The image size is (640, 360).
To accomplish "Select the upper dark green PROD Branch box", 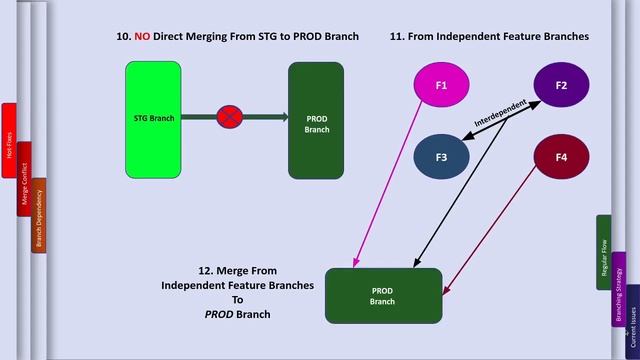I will [x=316, y=120].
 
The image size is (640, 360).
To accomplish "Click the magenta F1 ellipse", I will [x=441, y=86].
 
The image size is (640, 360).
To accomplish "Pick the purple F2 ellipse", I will [x=561, y=86].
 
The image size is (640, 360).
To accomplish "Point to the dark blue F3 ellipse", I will [x=441, y=157].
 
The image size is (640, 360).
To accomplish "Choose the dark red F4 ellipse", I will [x=561, y=157].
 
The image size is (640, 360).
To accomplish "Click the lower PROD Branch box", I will [x=383, y=296].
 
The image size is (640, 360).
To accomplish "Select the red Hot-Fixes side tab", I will [x=9, y=140].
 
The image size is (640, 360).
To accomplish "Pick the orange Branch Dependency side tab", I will [x=39, y=215].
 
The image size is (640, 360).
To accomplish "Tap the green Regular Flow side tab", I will [x=604, y=252].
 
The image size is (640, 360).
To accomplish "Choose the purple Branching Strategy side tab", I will [x=619, y=290].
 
